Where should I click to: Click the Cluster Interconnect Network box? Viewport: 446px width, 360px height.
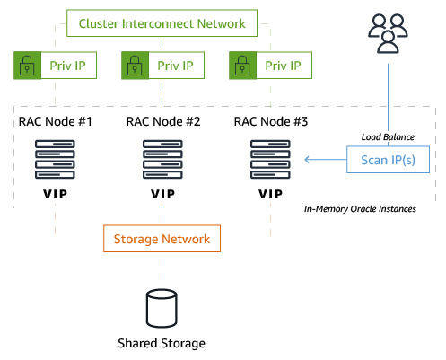click(x=162, y=23)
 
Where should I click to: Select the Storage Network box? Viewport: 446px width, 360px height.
click(x=162, y=240)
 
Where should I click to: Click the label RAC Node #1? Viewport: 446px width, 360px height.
click(x=55, y=121)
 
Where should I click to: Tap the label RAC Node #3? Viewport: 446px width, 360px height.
click(x=270, y=121)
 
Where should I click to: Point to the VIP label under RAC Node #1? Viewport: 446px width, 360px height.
click(x=54, y=194)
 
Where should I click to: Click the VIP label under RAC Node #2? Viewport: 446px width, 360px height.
click(x=162, y=194)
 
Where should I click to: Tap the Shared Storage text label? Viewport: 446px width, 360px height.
click(x=162, y=344)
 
